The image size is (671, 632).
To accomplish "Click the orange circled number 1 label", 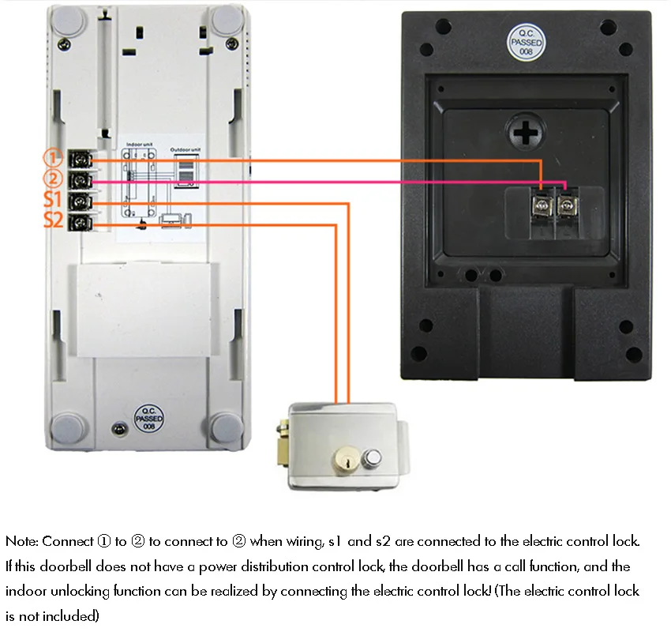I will pyautogui.click(x=54, y=159).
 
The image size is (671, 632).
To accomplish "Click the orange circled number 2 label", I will pyautogui.click(x=54, y=180).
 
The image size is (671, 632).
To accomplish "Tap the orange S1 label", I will pyautogui.click(x=54, y=201).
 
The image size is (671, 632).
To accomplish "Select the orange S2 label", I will pyautogui.click(x=54, y=221).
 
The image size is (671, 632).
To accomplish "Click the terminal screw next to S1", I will pyautogui.click(x=79, y=201).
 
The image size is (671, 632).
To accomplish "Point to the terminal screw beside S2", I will pyautogui.click(x=79, y=222).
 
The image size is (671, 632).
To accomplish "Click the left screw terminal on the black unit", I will pyautogui.click(x=542, y=206).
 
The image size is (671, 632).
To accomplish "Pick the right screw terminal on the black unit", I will pyautogui.click(x=566, y=206).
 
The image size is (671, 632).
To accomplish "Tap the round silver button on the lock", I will pyautogui.click(x=372, y=458).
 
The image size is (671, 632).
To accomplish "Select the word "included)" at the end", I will pyautogui.click(x=73, y=615).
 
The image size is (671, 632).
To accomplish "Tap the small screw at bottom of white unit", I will pyautogui.click(x=118, y=428).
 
